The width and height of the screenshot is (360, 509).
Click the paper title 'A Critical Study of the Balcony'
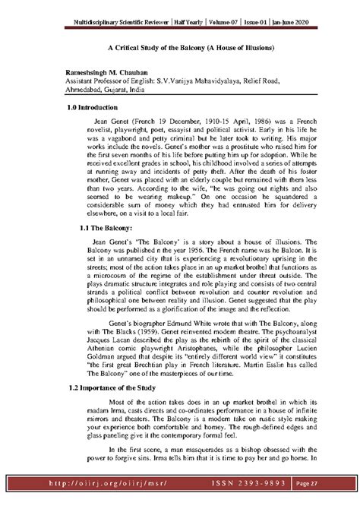click(179, 48)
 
